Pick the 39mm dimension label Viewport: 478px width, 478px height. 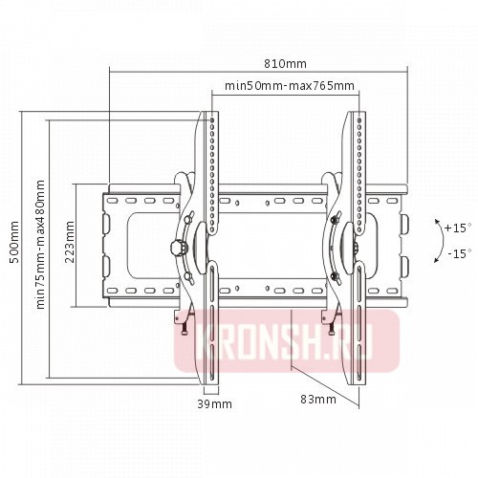(x=213, y=404)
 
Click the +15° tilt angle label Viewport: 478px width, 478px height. (x=457, y=228)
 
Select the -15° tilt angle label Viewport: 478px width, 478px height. (x=457, y=254)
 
